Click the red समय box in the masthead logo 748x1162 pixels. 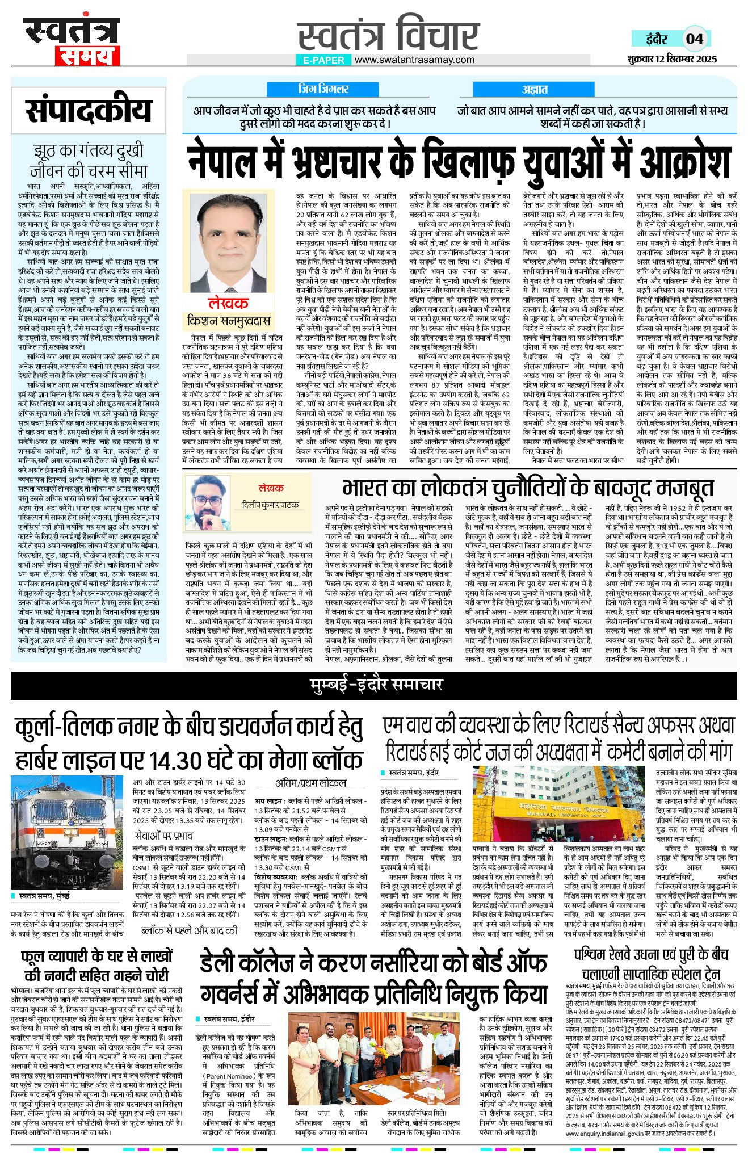tap(87, 55)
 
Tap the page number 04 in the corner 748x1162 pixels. tap(695, 39)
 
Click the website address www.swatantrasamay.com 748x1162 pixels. tap(414, 60)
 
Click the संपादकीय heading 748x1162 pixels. tap(89, 110)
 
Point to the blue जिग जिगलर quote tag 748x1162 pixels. tap(323, 89)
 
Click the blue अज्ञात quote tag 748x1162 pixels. tap(535, 89)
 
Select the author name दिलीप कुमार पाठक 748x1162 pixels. tap(270, 505)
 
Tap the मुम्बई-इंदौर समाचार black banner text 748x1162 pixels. tap(376, 684)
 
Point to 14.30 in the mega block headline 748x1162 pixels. tap(175, 760)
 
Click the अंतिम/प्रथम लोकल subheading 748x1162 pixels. tap(311, 783)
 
